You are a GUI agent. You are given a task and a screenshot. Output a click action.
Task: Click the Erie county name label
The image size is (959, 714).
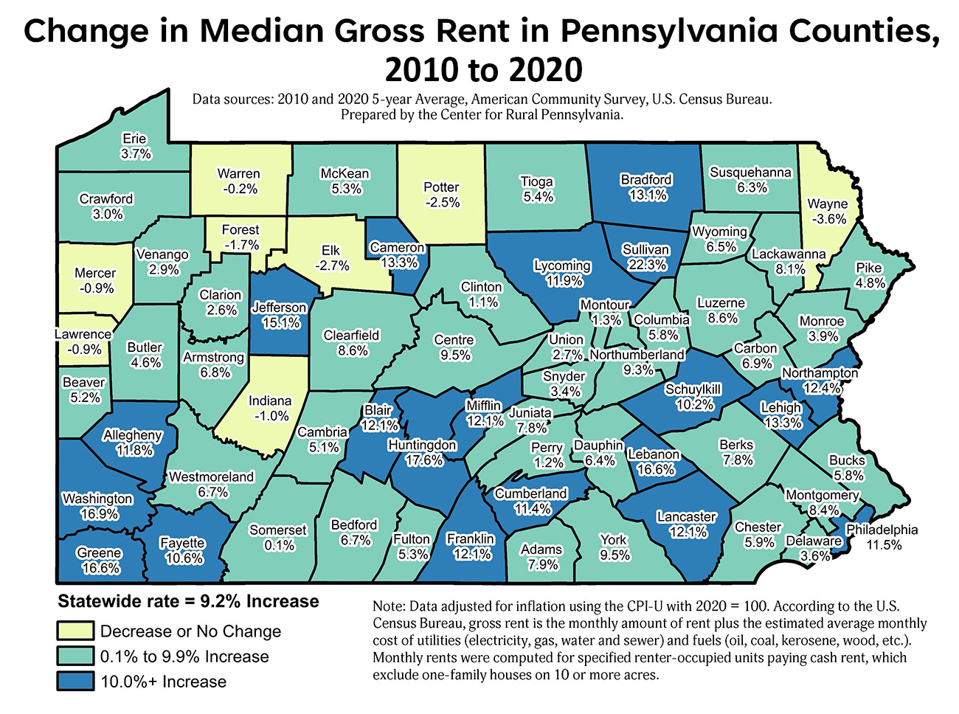point(135,139)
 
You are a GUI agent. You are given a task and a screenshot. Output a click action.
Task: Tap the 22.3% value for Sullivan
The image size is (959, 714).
point(647,265)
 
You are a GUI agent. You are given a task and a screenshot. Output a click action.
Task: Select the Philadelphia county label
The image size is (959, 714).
point(882,530)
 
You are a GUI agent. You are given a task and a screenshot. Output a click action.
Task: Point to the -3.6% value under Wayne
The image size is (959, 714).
point(827,219)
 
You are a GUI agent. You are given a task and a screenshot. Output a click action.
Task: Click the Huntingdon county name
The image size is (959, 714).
point(423,445)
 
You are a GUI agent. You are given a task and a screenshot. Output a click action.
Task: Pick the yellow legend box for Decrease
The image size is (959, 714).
point(75,631)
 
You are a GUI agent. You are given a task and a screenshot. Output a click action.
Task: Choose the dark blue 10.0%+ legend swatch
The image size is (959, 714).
point(75,681)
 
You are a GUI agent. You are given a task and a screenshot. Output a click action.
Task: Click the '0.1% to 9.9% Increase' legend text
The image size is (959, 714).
point(184,656)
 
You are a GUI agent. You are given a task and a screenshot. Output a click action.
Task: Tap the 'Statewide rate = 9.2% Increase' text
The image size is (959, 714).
point(188,601)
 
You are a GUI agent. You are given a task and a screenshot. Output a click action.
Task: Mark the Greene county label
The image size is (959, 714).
point(99,552)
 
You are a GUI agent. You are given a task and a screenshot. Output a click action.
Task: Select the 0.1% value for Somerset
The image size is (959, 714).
point(279,545)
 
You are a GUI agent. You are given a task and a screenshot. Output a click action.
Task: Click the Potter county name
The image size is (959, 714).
point(441,187)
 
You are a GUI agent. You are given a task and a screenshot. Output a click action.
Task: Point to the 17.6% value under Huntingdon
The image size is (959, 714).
point(424,460)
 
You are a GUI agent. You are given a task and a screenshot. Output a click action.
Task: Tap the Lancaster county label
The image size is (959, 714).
point(687,516)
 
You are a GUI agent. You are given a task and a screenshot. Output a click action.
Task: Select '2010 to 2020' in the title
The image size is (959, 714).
point(483,70)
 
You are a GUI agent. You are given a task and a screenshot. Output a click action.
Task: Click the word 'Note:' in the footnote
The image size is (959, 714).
point(388,606)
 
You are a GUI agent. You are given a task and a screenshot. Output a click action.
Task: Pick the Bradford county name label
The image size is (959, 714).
point(646,179)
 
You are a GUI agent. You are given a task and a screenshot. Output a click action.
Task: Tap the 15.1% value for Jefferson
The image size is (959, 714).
point(280,323)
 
